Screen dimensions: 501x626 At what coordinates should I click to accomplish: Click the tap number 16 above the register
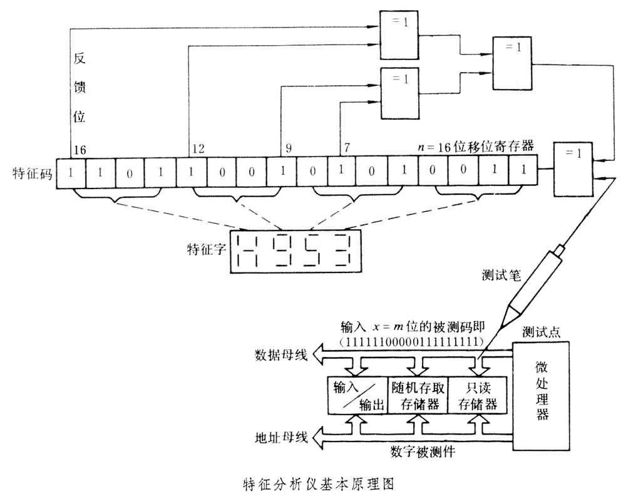coord(80,150)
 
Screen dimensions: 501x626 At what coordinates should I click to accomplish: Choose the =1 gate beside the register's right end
coord(573,169)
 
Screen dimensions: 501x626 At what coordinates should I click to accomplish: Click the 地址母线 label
coord(280,436)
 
